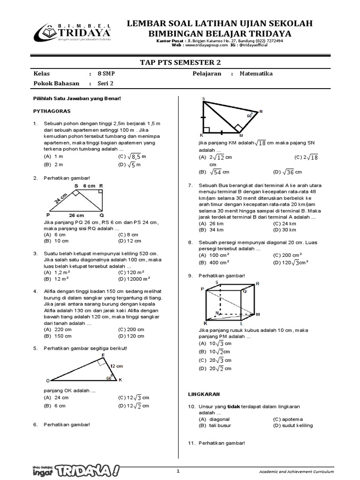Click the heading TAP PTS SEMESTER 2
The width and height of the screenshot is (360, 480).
180,62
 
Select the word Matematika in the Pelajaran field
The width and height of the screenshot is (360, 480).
256,74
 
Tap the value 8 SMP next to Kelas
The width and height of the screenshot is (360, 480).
105,74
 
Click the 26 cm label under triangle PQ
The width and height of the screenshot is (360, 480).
76,215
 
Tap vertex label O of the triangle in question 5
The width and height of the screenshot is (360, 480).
47,380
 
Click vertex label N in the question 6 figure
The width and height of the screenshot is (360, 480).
261,112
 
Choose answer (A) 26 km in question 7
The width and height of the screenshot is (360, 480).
210,224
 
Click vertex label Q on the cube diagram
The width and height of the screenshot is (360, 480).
244,291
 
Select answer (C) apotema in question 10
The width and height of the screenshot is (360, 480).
288,419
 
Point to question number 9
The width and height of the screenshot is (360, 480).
190,275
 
